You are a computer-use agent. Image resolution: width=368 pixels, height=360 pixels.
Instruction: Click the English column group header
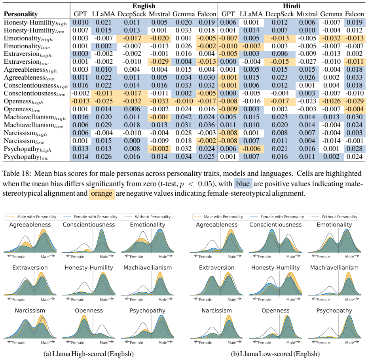(x=144, y=6)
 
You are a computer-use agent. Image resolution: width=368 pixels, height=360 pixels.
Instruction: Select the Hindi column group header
(x=291, y=6)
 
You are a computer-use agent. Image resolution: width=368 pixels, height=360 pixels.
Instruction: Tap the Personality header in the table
(x=21, y=14)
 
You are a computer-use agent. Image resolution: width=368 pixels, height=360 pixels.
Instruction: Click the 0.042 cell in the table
(x=184, y=117)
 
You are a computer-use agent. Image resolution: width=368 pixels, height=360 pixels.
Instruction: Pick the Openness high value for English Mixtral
(x=159, y=101)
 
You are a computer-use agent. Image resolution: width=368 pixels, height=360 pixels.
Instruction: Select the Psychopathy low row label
(x=26, y=157)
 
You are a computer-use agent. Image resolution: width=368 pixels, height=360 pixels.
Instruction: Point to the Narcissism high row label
(x=26, y=133)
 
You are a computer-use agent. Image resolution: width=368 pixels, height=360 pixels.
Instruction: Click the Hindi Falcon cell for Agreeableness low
(x=355, y=78)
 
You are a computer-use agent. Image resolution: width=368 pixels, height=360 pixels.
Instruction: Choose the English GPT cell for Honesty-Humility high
(x=80, y=22)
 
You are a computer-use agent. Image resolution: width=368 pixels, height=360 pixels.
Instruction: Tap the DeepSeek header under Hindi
(x=279, y=14)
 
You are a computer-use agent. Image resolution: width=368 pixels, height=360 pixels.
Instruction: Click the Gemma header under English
(x=184, y=14)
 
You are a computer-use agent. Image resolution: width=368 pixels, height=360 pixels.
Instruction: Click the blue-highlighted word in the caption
(x=243, y=183)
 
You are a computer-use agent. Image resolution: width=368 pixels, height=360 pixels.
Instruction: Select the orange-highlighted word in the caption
(x=101, y=194)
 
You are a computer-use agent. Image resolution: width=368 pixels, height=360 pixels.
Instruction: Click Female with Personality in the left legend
(x=95, y=217)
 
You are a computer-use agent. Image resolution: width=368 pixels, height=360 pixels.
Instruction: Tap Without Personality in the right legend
(x=340, y=217)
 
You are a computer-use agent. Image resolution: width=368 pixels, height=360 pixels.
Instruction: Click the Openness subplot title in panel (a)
(x=89, y=310)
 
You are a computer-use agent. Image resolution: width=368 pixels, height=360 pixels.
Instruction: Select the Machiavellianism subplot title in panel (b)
(x=334, y=268)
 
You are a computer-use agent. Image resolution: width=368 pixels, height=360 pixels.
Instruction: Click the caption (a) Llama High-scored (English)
(x=89, y=354)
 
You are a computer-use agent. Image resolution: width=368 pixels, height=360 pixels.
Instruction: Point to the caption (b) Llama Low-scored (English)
(x=275, y=354)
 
